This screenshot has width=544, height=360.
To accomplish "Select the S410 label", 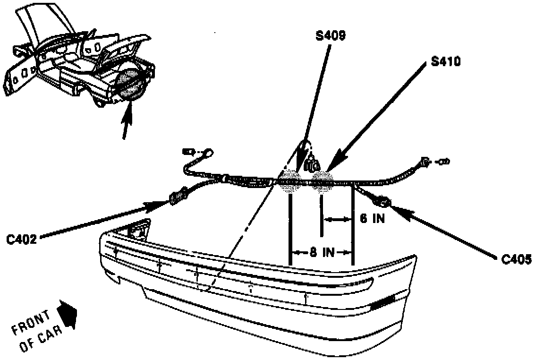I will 445,62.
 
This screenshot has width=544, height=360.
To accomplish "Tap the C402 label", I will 21,240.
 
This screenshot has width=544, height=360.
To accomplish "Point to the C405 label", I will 517,259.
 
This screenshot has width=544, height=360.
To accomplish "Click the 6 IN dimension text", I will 372,219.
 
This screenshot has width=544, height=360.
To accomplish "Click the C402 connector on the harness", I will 178,196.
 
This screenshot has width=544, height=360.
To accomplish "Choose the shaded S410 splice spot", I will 323,181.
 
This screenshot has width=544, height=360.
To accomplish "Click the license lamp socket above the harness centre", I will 312,165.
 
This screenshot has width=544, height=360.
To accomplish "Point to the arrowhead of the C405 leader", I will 393,207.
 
